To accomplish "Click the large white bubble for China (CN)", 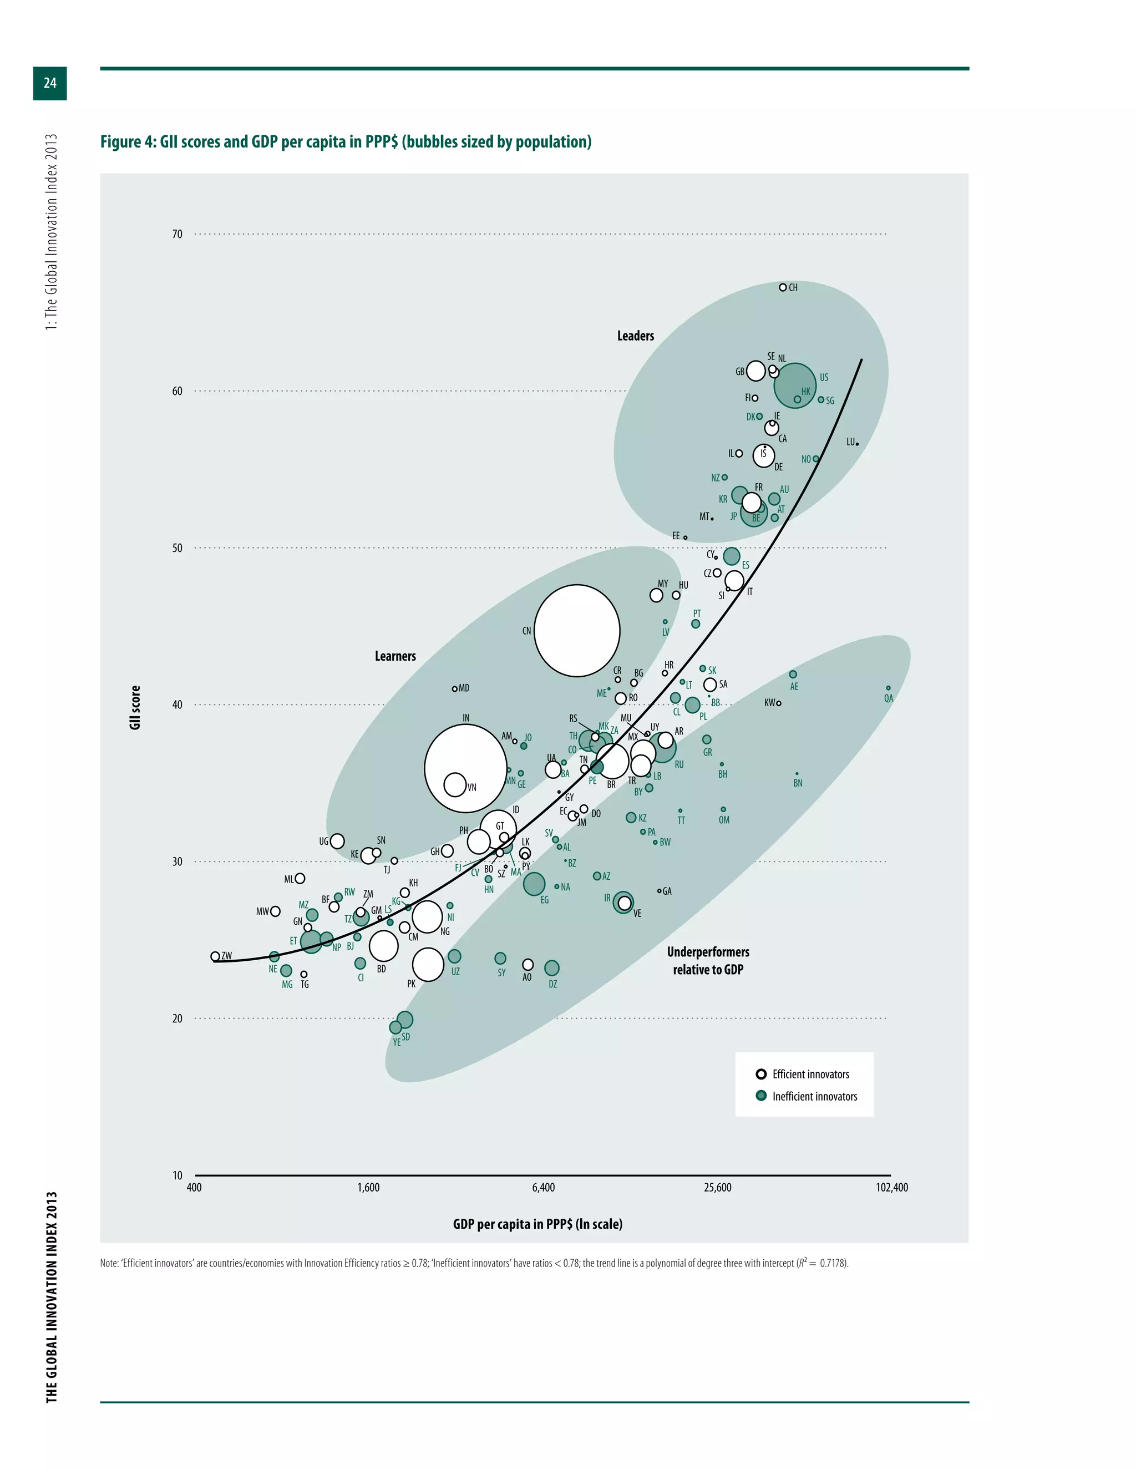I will click(x=577, y=630).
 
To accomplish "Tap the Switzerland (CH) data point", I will click(x=783, y=287).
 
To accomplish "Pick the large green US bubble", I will click(x=795, y=385).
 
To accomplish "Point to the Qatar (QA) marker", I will click(x=889, y=688).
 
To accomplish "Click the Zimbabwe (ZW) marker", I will click(x=215, y=956).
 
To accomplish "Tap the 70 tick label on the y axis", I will click(x=177, y=234).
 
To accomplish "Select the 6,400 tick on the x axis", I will click(x=543, y=1187).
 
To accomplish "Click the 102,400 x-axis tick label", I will click(x=892, y=1187).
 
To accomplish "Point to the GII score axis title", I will click(x=135, y=707).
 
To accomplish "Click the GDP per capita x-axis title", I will click(x=537, y=1224).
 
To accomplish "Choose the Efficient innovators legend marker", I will click(x=761, y=1074).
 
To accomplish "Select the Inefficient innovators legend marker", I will click(x=761, y=1096).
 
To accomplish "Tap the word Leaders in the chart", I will click(x=635, y=336).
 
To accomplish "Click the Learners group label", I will click(x=395, y=656).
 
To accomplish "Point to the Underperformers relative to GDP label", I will click(x=708, y=960).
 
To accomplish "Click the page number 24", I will click(x=50, y=83).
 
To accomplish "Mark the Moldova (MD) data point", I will click(x=455, y=688).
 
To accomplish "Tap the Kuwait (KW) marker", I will click(x=779, y=703).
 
